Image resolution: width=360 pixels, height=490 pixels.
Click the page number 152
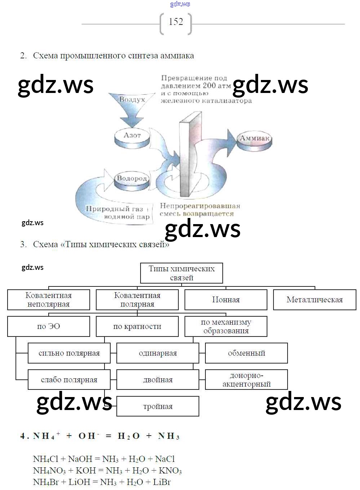[x=176, y=22]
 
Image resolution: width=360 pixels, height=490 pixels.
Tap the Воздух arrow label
[x=132, y=100]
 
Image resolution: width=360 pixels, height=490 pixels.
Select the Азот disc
[x=132, y=136]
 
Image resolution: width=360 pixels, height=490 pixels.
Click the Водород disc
[x=132, y=179]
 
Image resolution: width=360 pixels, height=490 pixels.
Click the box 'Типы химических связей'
[x=181, y=273]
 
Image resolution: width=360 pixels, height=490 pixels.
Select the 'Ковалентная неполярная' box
[x=49, y=300]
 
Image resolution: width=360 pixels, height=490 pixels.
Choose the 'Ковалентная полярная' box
[x=137, y=300]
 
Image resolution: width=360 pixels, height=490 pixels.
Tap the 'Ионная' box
[x=226, y=300]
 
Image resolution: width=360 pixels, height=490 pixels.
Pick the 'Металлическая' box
[x=315, y=300]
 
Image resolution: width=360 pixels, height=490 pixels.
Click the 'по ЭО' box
[x=49, y=326]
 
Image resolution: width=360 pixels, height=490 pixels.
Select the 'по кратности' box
[x=137, y=326]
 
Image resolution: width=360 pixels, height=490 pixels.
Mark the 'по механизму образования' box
[x=226, y=326]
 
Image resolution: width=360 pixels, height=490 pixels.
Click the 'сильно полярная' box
[x=69, y=353]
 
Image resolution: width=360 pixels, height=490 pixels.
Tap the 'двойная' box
[x=158, y=380]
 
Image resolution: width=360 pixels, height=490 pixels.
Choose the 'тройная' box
[x=158, y=406]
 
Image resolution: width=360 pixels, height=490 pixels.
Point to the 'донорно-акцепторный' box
[x=246, y=380]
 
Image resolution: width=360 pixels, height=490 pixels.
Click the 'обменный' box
[x=246, y=353]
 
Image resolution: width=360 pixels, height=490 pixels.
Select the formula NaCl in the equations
[x=165, y=459]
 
